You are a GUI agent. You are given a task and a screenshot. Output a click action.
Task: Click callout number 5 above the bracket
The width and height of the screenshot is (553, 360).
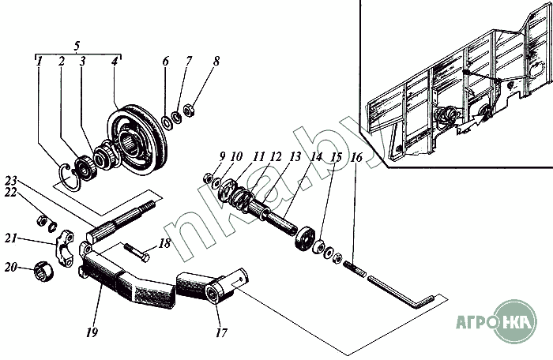[x=77, y=46]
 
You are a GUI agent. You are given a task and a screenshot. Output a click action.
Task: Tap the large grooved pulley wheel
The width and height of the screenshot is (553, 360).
[x=137, y=140]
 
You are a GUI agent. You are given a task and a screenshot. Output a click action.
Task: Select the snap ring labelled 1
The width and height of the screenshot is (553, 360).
[x=70, y=176]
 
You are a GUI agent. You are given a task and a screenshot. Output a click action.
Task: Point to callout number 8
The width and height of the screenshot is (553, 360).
[x=216, y=61]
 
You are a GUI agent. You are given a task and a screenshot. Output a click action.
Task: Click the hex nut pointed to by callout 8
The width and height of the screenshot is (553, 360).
[x=189, y=111]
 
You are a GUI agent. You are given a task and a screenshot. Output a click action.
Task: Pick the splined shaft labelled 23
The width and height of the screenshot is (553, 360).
[x=121, y=221]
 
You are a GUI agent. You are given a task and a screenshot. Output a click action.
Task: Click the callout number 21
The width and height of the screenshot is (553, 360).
[x=10, y=238]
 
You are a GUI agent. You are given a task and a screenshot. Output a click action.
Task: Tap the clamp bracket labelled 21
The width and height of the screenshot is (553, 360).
[x=65, y=247]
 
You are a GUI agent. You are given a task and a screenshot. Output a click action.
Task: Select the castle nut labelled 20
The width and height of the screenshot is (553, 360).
[x=43, y=272]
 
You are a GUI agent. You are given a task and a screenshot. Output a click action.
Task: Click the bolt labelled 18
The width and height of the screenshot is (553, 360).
[x=137, y=253]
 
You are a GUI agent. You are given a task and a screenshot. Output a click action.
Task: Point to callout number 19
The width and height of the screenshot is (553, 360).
[x=92, y=332]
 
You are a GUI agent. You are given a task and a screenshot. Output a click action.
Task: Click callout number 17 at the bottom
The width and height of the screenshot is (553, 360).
[x=221, y=332]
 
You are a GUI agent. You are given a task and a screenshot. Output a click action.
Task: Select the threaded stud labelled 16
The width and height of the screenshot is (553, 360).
[x=355, y=268]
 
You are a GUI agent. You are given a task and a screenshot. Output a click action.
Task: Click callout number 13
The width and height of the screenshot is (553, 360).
[x=295, y=157]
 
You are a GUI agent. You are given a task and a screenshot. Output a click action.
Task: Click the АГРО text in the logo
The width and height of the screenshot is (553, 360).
[x=474, y=321]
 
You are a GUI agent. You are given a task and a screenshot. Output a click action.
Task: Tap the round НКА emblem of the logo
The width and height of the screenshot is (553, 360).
[x=514, y=321]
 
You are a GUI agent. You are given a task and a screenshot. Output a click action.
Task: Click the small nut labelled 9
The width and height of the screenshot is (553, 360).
[x=208, y=178]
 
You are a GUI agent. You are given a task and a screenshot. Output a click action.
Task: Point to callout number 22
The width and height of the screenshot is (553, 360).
[x=10, y=193]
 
